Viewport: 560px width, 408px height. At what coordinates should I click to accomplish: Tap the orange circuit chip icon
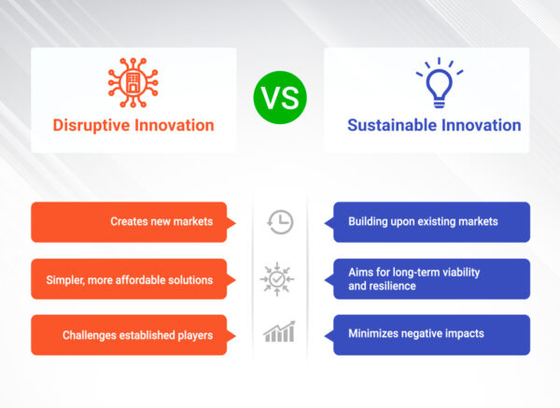pos(133,81)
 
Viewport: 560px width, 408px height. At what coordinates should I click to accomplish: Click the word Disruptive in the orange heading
pos(90,125)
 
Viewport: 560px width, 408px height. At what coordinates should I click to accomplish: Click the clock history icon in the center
pos(279,222)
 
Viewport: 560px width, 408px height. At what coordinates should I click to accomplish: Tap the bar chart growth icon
pos(279,333)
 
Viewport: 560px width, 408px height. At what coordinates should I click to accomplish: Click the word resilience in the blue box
pos(396,287)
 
